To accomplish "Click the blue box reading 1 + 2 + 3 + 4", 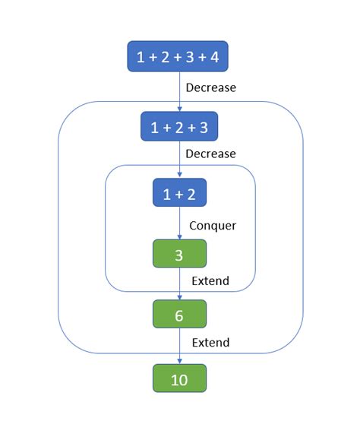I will [x=179, y=57].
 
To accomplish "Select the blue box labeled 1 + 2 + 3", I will [x=179, y=126].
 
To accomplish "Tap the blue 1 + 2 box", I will [x=179, y=194].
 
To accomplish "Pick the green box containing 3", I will [x=179, y=254].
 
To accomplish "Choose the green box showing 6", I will [x=179, y=314].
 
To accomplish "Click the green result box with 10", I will [x=179, y=378].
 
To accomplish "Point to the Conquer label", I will [x=213, y=226].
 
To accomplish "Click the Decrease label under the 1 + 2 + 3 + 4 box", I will [x=210, y=87].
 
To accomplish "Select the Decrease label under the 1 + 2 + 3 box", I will [x=210, y=154].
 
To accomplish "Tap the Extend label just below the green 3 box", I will [x=210, y=282].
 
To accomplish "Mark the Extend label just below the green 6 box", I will [x=210, y=343].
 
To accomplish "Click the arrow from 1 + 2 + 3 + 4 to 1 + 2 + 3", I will [x=179, y=91].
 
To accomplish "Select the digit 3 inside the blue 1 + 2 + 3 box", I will [x=203, y=126].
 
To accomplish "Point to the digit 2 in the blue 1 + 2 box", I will [x=191, y=194].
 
